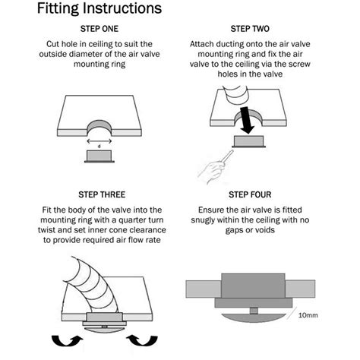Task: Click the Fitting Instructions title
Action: (x=99, y=8)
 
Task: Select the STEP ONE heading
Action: (x=99, y=29)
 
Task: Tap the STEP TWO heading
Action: (x=250, y=29)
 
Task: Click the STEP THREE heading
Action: (x=102, y=194)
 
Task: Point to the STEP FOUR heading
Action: (x=250, y=194)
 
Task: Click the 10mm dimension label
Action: (x=308, y=315)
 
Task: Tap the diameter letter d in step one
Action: (x=99, y=147)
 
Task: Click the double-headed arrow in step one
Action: (x=99, y=141)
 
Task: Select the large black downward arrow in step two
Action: (x=247, y=120)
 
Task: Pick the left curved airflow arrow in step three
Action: (x=67, y=340)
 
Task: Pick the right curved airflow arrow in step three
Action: (x=142, y=340)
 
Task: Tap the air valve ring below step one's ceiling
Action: (x=99, y=156)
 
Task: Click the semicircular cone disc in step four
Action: (x=254, y=317)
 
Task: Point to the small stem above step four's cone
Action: (x=254, y=311)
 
